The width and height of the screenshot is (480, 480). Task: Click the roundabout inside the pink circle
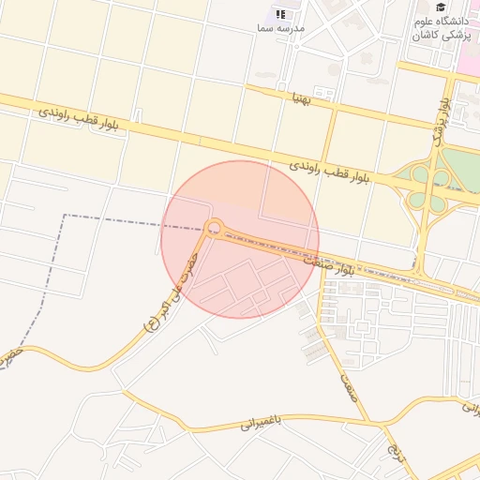[214, 227]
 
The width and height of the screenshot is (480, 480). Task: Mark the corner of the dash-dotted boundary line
[65, 215]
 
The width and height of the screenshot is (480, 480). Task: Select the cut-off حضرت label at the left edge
[8, 357]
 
